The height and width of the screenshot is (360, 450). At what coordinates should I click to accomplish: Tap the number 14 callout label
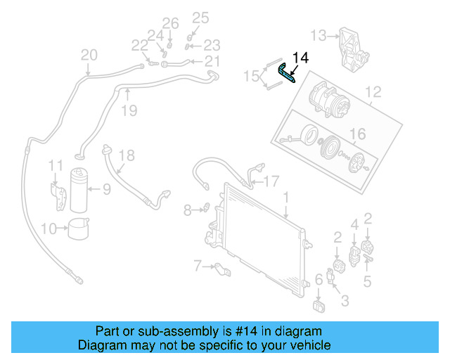tap(300, 58)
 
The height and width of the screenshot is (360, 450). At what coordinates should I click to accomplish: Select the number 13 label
tap(319, 34)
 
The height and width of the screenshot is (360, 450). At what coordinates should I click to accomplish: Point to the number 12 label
tap(373, 92)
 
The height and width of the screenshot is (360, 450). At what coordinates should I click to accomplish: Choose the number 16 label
tap(358, 134)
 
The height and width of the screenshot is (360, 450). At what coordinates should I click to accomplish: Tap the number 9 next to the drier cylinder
tap(107, 188)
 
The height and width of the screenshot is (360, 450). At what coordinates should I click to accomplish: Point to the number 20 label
tap(89, 55)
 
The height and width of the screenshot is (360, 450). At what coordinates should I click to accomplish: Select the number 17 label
tap(271, 181)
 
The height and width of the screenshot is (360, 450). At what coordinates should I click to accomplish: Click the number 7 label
tap(198, 265)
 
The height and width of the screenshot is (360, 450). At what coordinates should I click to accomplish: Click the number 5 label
tap(367, 282)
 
